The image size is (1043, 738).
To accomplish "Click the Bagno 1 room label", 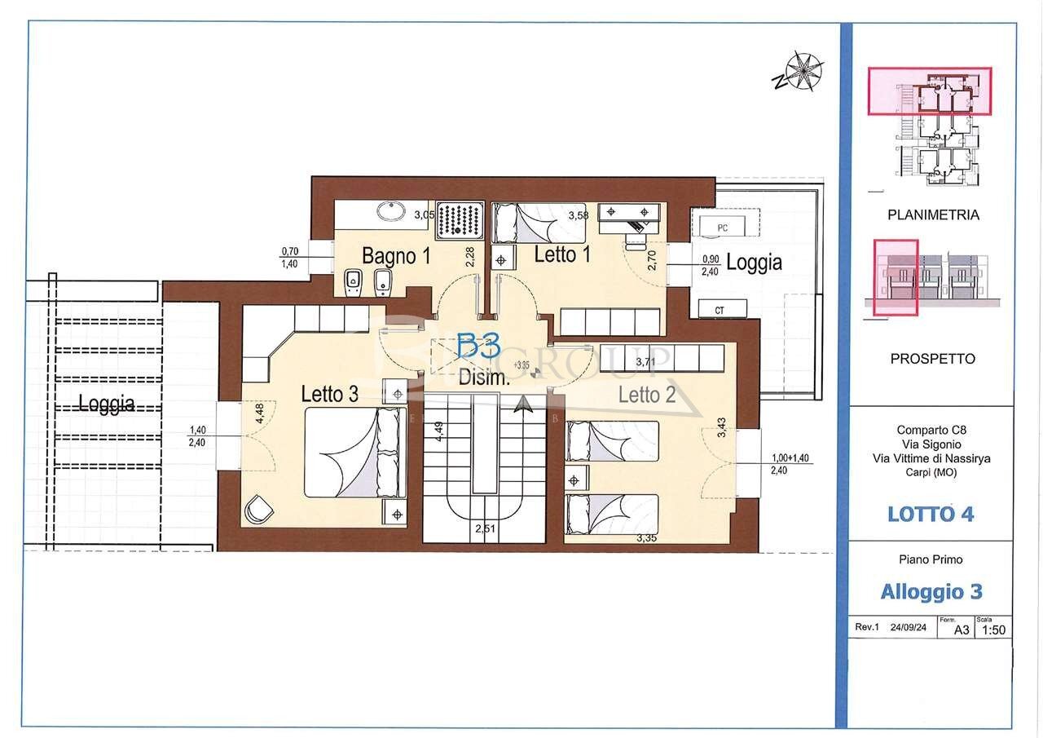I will pos(396,255).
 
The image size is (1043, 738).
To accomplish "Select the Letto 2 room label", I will pos(647,396).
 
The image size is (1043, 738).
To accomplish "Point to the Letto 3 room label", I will pos(330,394).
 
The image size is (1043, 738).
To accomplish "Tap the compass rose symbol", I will pos(803,71).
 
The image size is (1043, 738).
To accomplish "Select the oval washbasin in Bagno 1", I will pos(392,211).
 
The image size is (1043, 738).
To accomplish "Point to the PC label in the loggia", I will pos(722,228).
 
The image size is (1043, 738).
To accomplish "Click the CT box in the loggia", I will pos(720,310).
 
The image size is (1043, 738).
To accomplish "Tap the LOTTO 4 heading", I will pos(931,514).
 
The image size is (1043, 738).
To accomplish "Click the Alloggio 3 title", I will pos(931,591).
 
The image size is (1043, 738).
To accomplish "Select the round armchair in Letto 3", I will pos(258,509).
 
